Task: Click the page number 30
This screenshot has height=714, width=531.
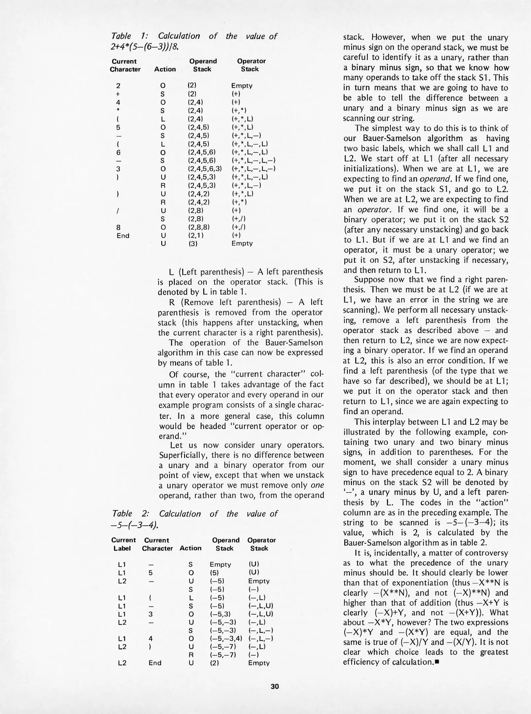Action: point(275,687)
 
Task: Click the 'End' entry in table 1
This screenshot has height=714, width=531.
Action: point(123,235)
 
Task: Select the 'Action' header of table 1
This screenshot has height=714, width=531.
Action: point(165,69)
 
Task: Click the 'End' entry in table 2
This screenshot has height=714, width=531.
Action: point(155,663)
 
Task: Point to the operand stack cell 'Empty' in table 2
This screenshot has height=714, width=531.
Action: point(220,565)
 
